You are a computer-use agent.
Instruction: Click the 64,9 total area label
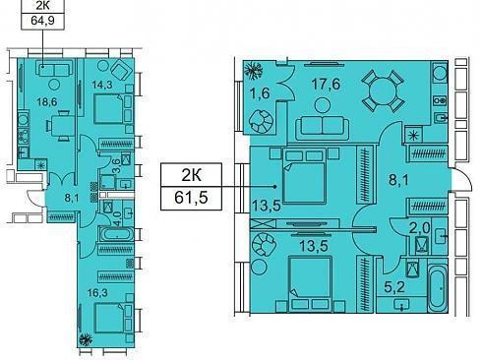[x=42, y=21]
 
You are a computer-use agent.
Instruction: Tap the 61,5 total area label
[x=191, y=198]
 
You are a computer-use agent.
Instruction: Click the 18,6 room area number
[x=47, y=102]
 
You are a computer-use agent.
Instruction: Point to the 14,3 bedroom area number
[x=102, y=85]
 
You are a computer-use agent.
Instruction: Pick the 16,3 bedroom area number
[x=97, y=292]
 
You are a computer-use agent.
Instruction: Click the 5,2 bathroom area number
[x=394, y=287]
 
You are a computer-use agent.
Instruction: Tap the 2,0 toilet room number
[x=419, y=228]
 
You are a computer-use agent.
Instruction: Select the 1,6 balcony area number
[x=260, y=93]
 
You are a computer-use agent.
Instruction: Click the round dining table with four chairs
[x=383, y=91]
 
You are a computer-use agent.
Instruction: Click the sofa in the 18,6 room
[x=53, y=70]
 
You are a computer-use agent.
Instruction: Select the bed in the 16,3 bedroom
[x=113, y=318]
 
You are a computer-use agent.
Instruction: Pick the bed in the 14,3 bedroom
[x=113, y=108]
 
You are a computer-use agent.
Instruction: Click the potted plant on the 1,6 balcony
[x=254, y=71]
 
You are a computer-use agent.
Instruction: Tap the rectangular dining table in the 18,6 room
[x=62, y=126]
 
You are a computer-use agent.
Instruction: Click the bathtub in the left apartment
[x=116, y=234]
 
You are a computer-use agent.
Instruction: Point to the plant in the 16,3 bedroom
[x=86, y=339]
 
